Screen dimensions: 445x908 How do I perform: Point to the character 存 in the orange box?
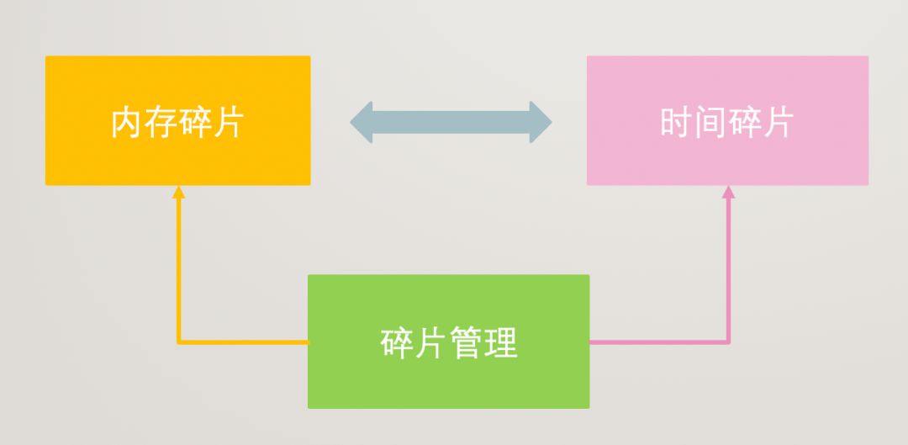point(161,123)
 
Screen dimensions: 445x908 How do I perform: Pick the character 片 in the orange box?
point(227,123)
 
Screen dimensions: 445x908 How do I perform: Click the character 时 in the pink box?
point(677,123)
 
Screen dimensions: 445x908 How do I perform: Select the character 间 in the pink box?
point(710,123)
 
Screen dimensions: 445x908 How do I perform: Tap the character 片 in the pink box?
point(777,123)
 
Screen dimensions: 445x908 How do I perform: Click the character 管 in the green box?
point(466,342)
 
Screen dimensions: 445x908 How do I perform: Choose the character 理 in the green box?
point(500,342)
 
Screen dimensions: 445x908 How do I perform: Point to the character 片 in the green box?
point(431,342)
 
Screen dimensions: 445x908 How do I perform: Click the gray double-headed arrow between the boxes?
point(451,122)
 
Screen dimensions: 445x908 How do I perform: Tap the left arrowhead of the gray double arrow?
point(363,122)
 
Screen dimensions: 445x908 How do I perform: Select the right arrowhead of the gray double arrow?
point(540,122)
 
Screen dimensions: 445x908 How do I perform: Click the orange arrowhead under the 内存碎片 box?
point(178,192)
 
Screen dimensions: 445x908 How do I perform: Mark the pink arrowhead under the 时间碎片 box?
point(728,192)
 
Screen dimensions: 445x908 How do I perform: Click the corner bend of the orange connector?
point(178,342)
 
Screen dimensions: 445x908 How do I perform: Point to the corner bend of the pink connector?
point(728,342)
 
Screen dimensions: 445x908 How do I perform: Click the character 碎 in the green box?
point(397,342)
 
